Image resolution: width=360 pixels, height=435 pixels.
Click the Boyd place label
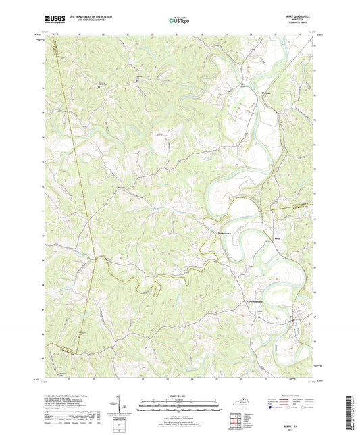point(276,238)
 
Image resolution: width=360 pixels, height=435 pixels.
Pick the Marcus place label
point(122,189)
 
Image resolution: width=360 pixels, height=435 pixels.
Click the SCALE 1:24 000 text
point(180,397)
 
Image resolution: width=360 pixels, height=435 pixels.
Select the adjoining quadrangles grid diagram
point(235,421)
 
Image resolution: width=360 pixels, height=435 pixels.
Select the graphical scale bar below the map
point(180,407)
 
